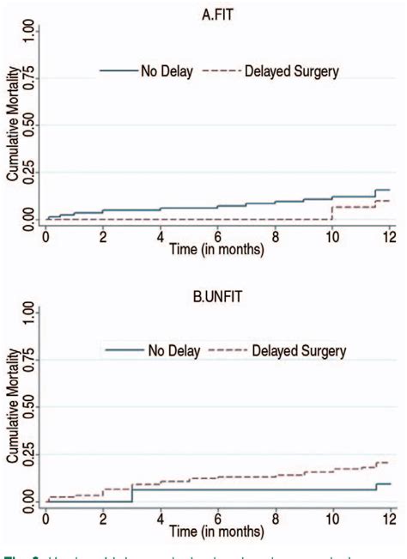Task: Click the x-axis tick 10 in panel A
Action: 333,237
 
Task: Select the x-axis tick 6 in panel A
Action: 218,237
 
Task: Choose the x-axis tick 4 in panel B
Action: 161,516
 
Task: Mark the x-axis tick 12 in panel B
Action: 391,516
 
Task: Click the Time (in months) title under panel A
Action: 217,251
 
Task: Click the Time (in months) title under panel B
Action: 217,530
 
